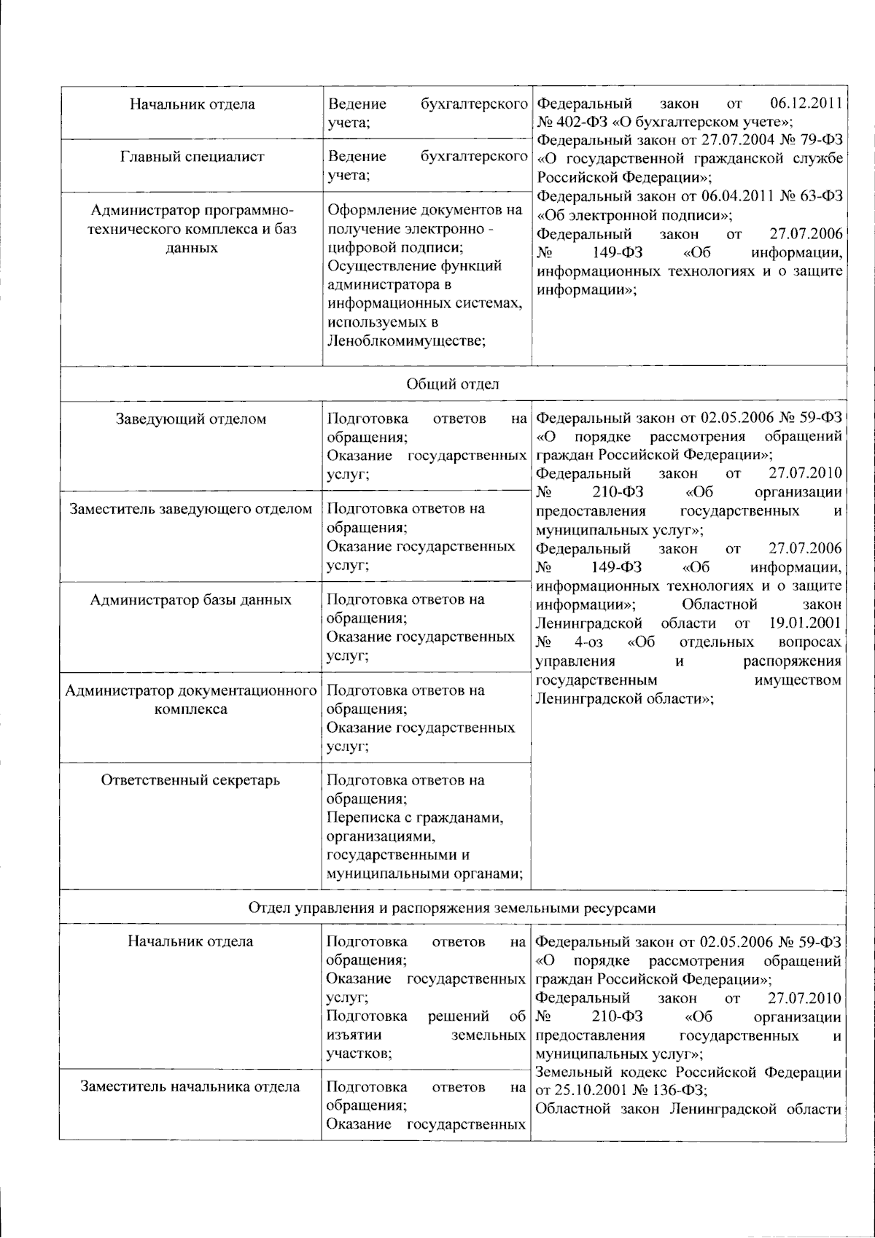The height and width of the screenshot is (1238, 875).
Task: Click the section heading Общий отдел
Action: [452, 384]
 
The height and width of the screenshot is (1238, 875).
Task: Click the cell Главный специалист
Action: [192, 156]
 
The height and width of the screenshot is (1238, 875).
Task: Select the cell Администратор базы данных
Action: [191, 600]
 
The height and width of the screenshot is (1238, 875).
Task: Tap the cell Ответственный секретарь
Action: [190, 780]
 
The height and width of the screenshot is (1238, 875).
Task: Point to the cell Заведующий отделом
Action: [191, 419]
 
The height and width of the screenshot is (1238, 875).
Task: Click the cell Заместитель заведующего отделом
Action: [191, 509]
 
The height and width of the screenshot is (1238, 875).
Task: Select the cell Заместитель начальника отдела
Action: [190, 1087]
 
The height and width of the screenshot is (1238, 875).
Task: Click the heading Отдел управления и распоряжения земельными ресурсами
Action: [451, 908]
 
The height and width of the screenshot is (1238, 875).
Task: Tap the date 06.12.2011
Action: [806, 104]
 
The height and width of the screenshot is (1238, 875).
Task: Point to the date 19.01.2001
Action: [805, 623]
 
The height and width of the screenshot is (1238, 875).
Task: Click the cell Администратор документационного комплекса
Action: [191, 699]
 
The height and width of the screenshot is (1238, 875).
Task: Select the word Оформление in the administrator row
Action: [373, 211]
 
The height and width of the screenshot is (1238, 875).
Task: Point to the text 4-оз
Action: [588, 642]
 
